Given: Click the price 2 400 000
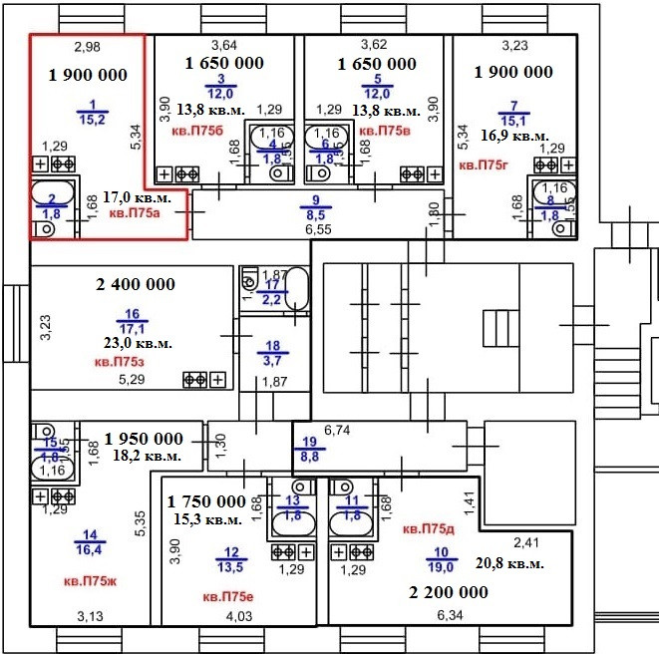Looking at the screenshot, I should (136, 285).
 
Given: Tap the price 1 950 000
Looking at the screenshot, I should (144, 439).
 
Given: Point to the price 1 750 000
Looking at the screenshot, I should (206, 501).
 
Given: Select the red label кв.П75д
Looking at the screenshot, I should (429, 528).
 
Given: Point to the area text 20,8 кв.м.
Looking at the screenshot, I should (509, 564).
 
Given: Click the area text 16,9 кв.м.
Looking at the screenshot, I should (513, 136).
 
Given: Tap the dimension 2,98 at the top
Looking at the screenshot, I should (89, 46).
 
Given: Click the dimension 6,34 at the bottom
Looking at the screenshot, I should (450, 615).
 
